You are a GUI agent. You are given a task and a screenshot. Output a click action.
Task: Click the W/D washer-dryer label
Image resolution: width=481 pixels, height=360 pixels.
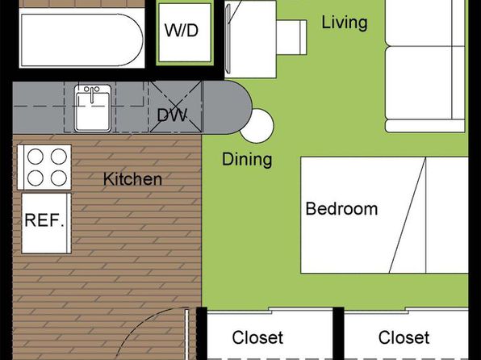182,31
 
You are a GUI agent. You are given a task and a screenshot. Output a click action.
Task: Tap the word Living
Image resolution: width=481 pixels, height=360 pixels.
344,23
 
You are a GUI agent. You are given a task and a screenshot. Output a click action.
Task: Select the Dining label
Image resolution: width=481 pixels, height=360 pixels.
247,159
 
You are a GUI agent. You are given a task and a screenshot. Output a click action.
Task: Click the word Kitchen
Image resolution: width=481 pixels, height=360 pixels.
132,179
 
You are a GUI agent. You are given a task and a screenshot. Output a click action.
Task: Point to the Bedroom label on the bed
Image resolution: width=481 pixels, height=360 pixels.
341,209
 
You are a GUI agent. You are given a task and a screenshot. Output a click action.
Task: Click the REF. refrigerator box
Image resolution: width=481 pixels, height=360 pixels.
46,223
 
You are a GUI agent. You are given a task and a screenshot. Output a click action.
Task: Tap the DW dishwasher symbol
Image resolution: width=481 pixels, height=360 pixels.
175,107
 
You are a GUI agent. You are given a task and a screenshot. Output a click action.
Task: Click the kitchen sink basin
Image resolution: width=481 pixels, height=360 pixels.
93,112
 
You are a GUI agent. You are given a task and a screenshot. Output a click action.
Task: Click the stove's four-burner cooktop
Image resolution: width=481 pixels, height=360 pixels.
44,167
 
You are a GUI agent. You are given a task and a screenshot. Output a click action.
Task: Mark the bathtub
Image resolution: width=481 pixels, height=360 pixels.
82,40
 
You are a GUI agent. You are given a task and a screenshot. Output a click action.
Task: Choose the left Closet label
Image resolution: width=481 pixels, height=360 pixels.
257,337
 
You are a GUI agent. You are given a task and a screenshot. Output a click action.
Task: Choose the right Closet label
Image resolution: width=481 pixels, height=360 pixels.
404,337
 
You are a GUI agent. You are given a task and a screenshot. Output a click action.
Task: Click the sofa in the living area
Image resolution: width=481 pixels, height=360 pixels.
425,66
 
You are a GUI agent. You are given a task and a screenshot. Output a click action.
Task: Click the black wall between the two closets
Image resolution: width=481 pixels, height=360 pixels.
338,333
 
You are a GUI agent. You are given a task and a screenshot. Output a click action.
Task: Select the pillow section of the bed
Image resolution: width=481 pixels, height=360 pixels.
447,216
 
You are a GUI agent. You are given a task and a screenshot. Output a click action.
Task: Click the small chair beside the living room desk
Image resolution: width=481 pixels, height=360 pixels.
291,37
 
